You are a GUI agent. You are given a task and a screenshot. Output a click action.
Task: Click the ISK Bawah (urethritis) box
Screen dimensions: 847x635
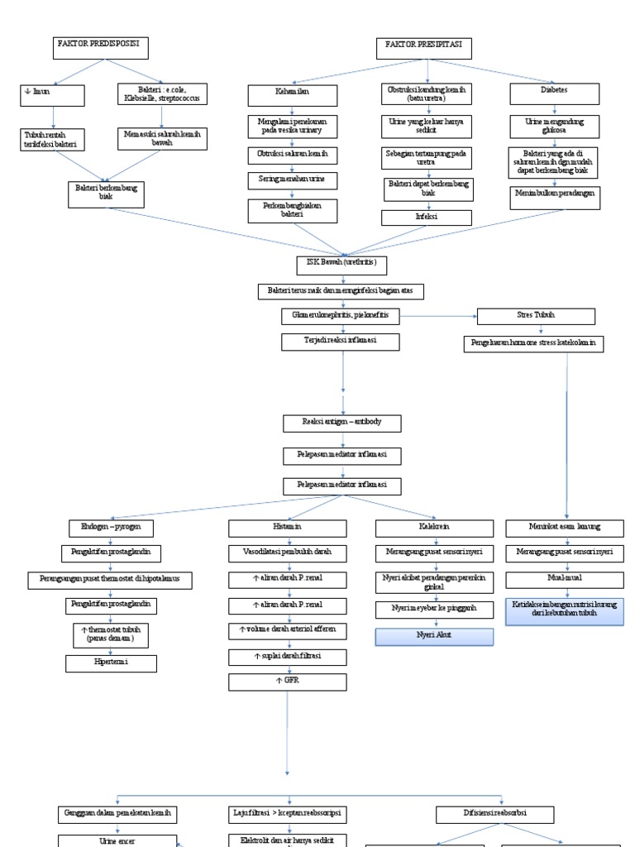(341, 265)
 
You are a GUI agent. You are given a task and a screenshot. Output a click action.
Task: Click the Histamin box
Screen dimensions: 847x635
(287, 526)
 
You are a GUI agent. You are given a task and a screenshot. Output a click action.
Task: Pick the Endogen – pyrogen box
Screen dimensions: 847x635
(111, 526)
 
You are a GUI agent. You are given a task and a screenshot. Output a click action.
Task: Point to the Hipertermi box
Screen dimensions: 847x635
(111, 663)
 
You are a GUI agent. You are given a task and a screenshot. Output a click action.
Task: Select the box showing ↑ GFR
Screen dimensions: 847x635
(287, 683)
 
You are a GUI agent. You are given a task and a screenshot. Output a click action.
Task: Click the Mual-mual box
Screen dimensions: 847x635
(565, 579)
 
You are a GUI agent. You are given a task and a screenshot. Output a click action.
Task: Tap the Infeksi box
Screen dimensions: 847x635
(426, 218)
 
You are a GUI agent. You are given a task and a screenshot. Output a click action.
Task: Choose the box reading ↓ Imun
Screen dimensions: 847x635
(54, 95)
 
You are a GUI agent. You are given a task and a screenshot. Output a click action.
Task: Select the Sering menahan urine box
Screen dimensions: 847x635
(293, 179)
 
